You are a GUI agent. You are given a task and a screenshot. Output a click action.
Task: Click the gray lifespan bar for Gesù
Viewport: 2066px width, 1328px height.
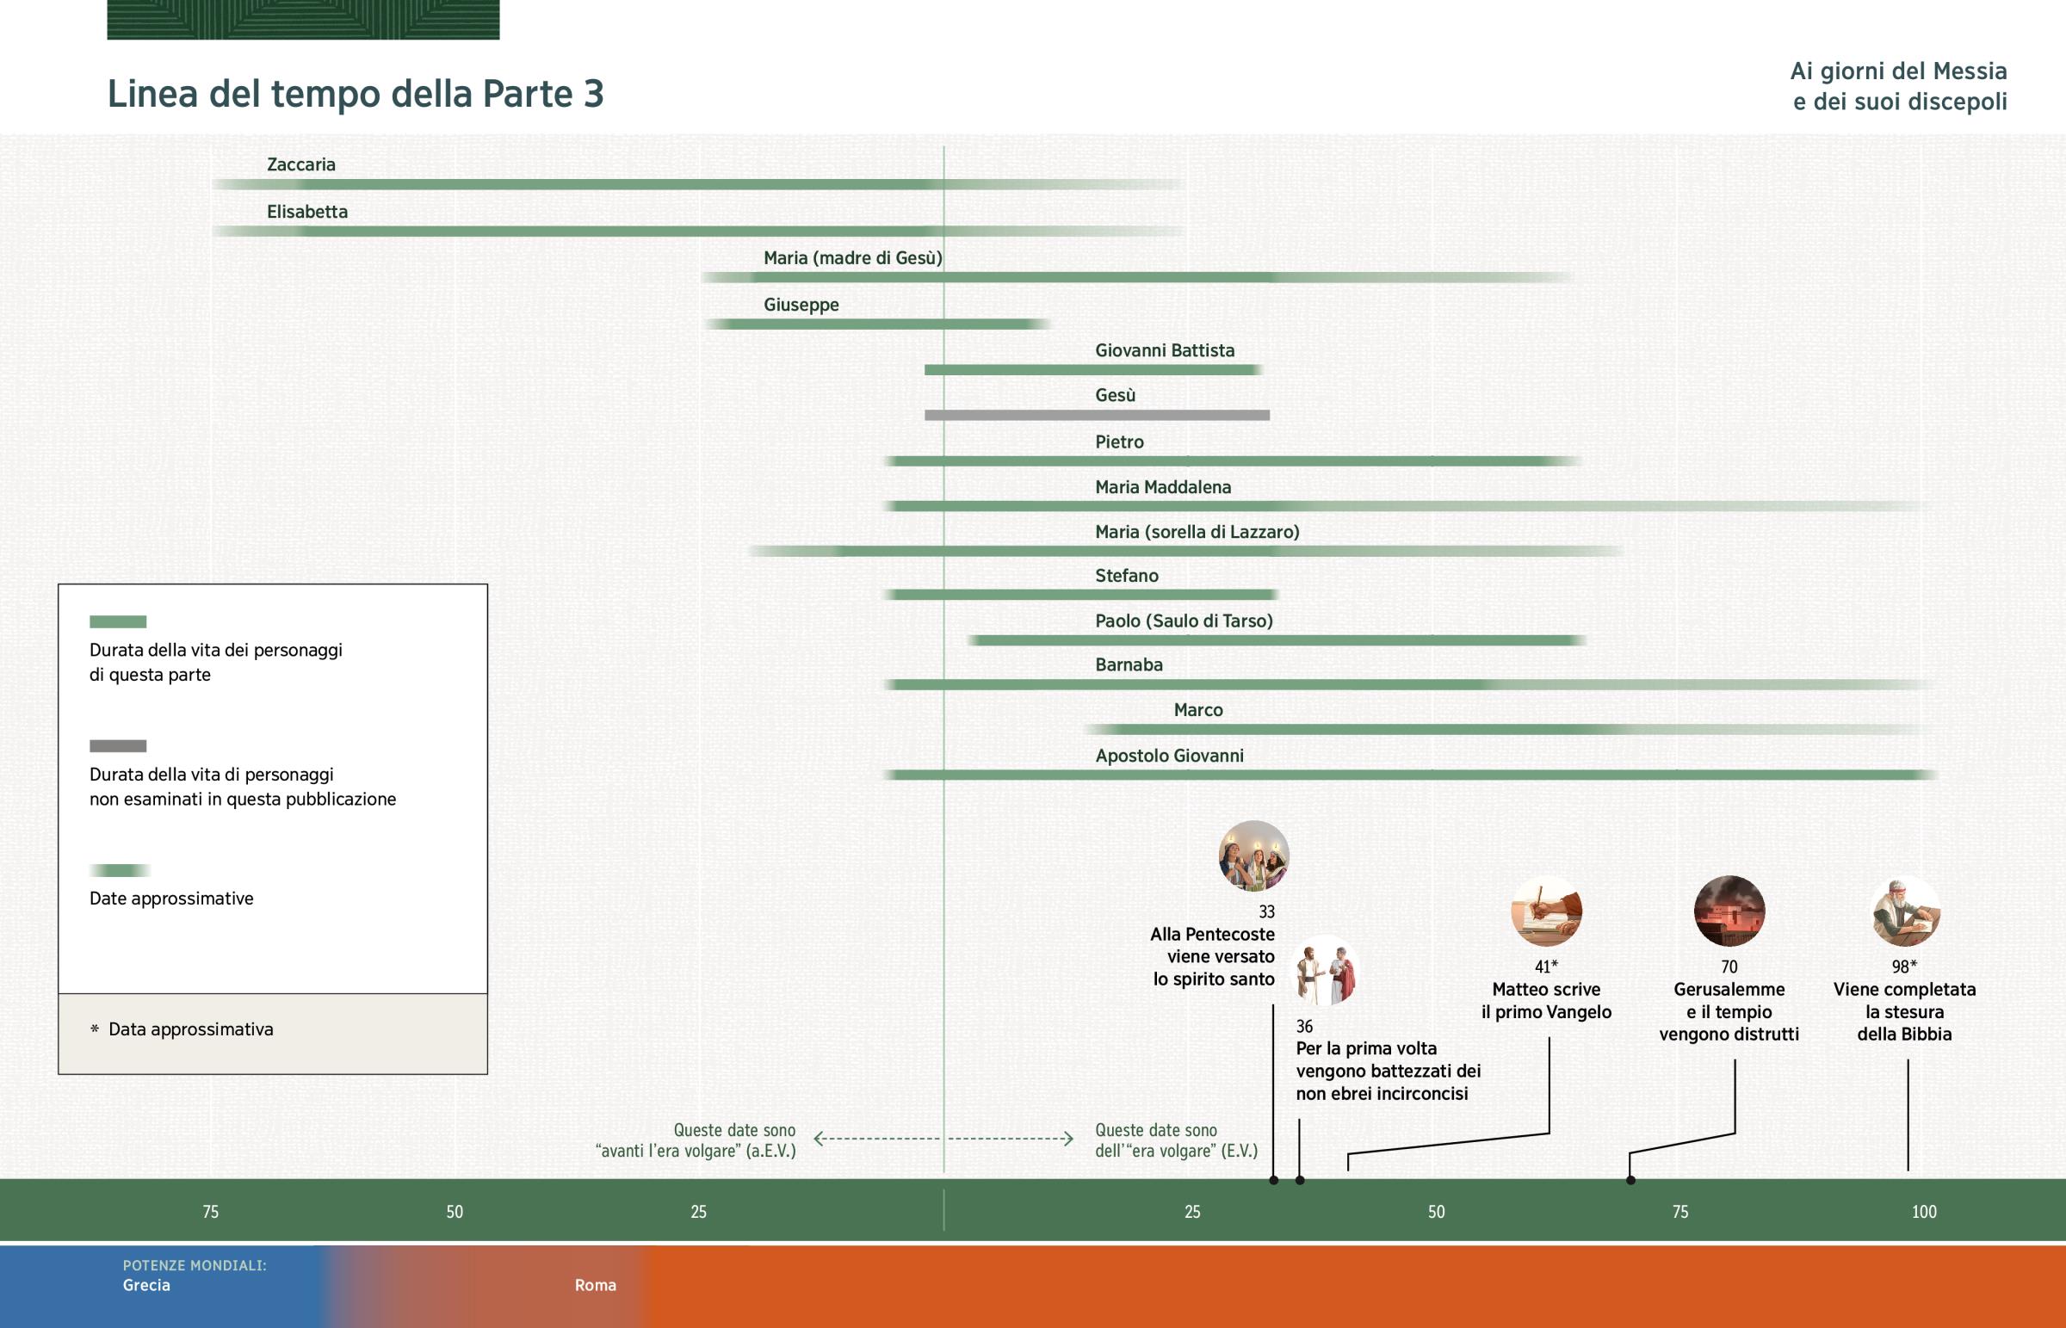pyautogui.click(x=1097, y=416)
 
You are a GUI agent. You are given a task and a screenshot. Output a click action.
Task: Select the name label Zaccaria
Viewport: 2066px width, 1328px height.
pyautogui.click(x=301, y=164)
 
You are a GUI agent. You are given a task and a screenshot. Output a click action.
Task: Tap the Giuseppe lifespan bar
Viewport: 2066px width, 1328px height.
pyautogui.click(x=877, y=324)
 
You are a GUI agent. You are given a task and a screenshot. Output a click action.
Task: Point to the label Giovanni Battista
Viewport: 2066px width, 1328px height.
pyautogui.click(x=1165, y=351)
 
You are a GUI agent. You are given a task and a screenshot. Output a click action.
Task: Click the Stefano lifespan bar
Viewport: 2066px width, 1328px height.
pyautogui.click(x=1081, y=595)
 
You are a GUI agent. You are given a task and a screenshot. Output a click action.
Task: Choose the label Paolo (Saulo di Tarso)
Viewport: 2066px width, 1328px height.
pyautogui.click(x=1184, y=621)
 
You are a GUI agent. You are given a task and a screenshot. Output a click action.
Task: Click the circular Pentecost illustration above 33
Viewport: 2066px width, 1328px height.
pyautogui.click(x=1253, y=855)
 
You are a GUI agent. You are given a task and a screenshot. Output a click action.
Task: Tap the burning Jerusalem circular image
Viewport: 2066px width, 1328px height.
pyautogui.click(x=1729, y=911)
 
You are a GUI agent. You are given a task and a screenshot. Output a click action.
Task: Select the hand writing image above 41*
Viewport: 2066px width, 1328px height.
pyautogui.click(x=1546, y=911)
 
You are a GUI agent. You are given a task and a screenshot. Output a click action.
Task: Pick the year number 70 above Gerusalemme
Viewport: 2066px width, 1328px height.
pyautogui.click(x=1729, y=967)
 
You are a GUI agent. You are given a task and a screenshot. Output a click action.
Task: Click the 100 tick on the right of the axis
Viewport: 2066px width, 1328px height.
pyautogui.click(x=1924, y=1212)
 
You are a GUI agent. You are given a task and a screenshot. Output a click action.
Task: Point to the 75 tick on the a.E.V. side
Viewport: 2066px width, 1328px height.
pyautogui.click(x=210, y=1212)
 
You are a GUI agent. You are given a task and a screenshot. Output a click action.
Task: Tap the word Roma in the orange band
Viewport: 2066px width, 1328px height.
pyautogui.click(x=596, y=1285)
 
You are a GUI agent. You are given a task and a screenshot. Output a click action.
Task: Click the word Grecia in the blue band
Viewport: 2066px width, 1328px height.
pyautogui.click(x=146, y=1285)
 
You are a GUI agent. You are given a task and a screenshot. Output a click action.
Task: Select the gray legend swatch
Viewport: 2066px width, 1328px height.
pyautogui.click(x=118, y=746)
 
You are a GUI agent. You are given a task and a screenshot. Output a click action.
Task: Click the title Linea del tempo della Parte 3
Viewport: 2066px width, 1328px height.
pyautogui.click(x=356, y=94)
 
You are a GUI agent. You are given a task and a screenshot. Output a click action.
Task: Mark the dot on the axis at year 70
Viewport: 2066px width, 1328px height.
pyautogui.click(x=1630, y=1180)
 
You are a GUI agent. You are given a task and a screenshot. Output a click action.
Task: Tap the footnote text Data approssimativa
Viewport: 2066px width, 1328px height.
pyautogui.click(x=190, y=1029)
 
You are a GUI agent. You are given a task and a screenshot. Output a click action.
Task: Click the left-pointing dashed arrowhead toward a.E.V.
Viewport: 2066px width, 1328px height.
pyautogui.click(x=820, y=1140)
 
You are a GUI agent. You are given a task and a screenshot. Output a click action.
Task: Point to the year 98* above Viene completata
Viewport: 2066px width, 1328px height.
pyautogui.click(x=1904, y=967)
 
